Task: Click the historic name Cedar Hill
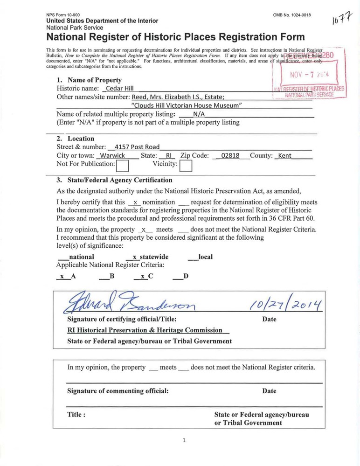[120, 89]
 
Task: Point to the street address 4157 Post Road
[137, 147]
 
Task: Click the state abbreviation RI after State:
[164, 155]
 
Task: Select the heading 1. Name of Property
[89, 80]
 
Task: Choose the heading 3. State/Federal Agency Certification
[114, 180]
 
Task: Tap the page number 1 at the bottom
[185, 440]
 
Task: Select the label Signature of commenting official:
[118, 391]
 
